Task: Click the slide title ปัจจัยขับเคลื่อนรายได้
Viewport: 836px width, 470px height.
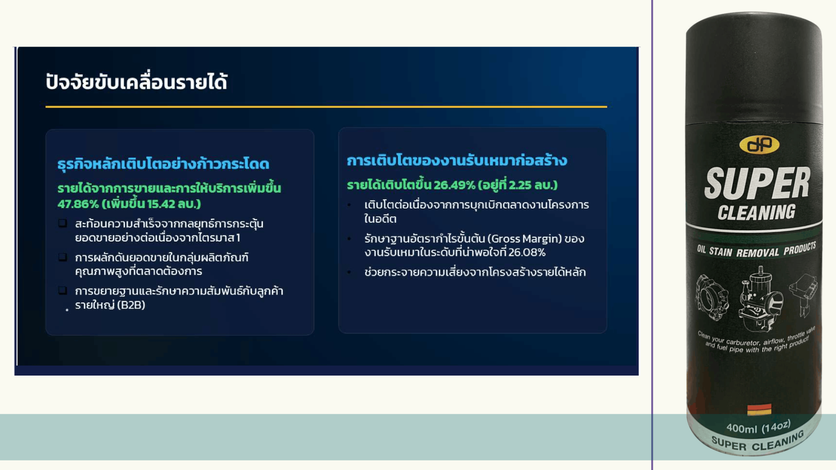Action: (x=136, y=81)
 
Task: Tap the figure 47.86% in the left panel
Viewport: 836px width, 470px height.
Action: (x=78, y=204)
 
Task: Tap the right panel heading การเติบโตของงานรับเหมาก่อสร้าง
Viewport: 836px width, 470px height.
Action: (x=457, y=160)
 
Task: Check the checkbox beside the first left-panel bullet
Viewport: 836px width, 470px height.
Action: (x=63, y=223)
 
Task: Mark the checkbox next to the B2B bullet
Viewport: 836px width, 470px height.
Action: (x=63, y=290)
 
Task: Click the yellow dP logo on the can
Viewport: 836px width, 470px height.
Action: (x=759, y=145)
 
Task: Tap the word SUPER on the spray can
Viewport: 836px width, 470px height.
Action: (x=757, y=183)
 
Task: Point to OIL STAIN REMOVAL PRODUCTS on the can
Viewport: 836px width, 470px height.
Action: (x=756, y=250)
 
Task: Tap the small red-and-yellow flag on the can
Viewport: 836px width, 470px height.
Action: (x=759, y=410)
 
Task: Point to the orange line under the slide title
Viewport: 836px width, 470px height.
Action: (x=326, y=107)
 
